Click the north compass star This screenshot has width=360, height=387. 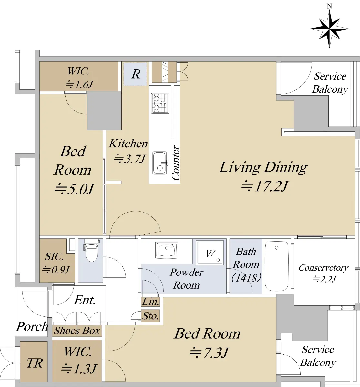pos(329,29)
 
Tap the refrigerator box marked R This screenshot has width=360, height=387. pos(135,74)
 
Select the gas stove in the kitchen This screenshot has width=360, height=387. pos(160,103)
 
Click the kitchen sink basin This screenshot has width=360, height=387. pos(159,163)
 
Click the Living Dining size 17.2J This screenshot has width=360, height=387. pos(264,186)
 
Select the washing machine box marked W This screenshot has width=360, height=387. pos(210,253)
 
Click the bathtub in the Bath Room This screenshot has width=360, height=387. pos(276,266)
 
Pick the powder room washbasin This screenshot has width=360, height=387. pos(167,250)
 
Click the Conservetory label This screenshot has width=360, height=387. pos(324,268)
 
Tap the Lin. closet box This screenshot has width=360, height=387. pos(150,302)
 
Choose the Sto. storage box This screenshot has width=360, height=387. pos(150,316)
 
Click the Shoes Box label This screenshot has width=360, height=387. pos(77,331)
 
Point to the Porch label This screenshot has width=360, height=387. pos(32,326)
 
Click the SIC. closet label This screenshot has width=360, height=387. pos(54,256)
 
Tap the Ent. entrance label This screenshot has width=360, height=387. pos(85,300)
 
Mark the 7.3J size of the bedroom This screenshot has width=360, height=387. pos(209,353)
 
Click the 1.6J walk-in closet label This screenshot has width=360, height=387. pos(79,84)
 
